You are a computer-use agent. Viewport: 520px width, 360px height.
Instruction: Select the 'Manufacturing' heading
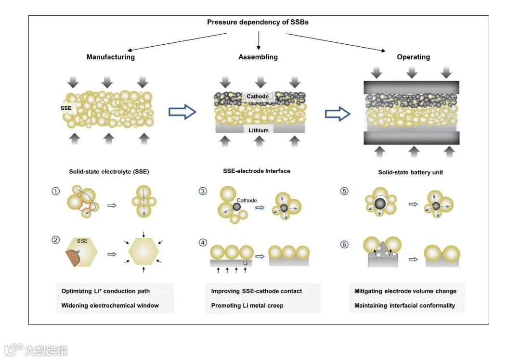point(110,57)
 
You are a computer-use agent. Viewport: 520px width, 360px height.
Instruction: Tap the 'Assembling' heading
point(258,57)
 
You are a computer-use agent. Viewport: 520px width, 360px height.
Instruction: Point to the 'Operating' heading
point(413,57)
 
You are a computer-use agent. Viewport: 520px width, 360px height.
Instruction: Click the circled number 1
point(56,191)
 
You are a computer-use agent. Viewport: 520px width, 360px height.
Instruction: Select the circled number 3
point(203,191)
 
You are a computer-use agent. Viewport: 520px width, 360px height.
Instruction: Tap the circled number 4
point(203,244)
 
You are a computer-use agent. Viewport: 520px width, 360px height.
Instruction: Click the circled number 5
point(344,191)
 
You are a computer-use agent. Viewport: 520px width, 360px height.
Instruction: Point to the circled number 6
point(344,244)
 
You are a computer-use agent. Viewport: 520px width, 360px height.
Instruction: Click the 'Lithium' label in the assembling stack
point(259,130)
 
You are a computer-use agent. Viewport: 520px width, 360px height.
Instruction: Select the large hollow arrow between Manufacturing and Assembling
point(182,112)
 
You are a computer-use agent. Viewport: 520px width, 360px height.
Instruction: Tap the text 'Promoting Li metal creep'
point(247,305)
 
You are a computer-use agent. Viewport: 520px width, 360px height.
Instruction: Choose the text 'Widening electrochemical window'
point(110,305)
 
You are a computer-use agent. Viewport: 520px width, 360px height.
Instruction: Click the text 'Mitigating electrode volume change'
point(405,291)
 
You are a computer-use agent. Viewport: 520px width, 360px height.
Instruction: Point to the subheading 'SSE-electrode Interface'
point(257,171)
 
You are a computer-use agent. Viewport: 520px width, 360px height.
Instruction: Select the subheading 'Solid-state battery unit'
point(410,172)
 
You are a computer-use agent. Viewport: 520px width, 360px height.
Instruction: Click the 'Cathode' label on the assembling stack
point(258,97)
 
